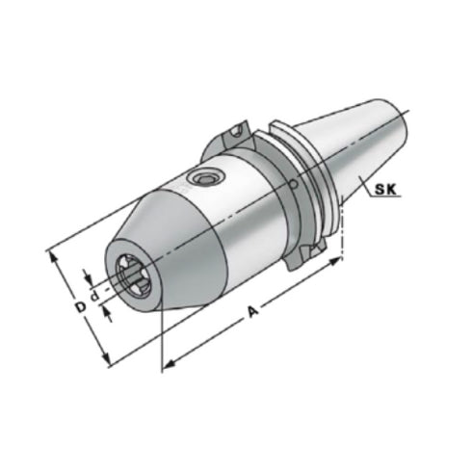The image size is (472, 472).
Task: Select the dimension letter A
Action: pyautogui.click(x=253, y=311)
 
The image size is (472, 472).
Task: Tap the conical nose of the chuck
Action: pyautogui.click(x=159, y=250)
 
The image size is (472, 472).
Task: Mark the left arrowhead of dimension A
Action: pyautogui.click(x=167, y=364)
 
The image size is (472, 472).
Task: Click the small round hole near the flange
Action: pyautogui.click(x=293, y=186)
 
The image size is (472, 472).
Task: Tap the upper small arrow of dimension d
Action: pyautogui.click(x=90, y=276)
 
